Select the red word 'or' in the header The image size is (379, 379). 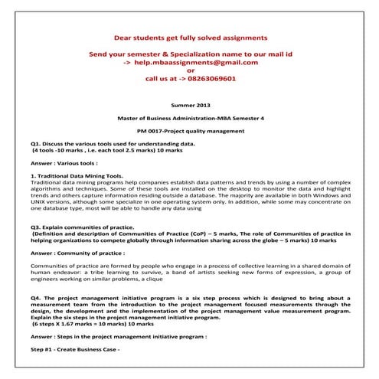190,70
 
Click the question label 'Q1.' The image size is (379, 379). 36,143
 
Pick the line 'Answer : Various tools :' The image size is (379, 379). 64,163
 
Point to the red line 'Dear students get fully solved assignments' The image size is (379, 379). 190,37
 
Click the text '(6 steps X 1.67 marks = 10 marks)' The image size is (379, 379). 83,324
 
